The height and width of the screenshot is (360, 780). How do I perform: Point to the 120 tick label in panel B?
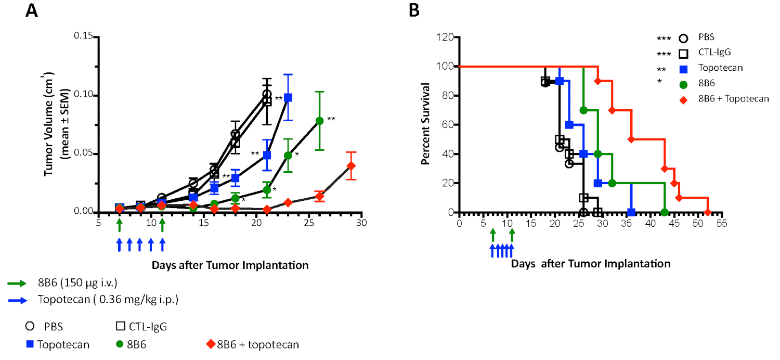pos(446,37)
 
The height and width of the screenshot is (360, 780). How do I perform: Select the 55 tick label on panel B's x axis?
pos(722,223)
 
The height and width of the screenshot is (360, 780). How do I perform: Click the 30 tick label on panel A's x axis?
pos(362,223)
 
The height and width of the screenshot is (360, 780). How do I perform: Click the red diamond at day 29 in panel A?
pos(352,166)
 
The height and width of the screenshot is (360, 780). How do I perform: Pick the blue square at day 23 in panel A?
pos(288,98)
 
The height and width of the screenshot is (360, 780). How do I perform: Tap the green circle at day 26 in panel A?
pos(320,121)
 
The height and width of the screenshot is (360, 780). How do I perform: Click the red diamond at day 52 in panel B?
pos(708,212)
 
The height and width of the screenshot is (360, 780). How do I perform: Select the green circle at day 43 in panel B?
pos(665,212)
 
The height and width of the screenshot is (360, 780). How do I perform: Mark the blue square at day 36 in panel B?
pos(631,212)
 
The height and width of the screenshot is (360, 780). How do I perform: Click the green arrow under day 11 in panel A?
pos(162,225)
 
